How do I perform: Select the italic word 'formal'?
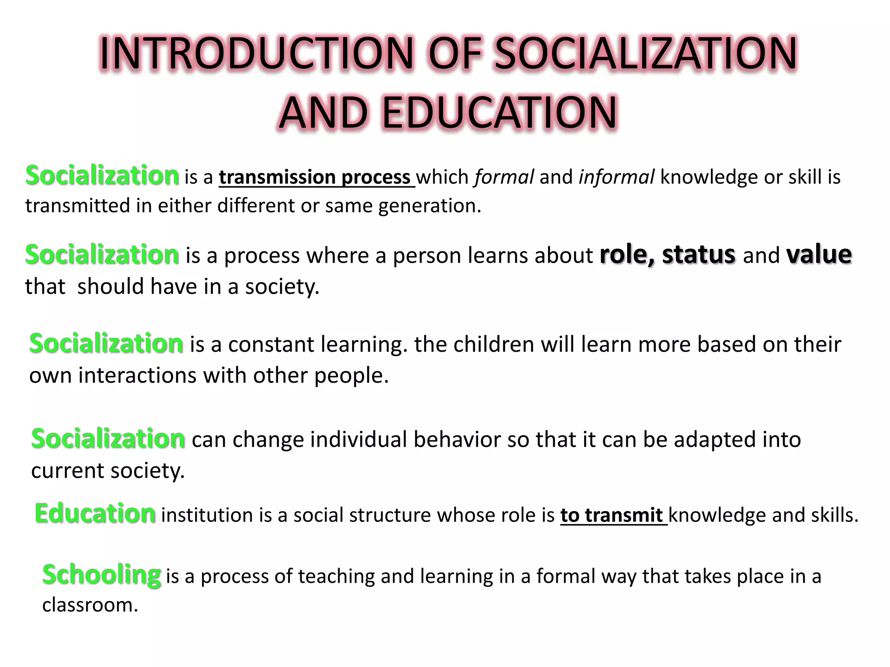coord(504,177)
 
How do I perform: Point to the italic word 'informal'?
coord(616,177)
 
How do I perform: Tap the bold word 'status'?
coord(699,254)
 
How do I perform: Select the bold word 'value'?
coord(819,254)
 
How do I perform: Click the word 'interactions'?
coord(137,375)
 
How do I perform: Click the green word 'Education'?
coord(95,513)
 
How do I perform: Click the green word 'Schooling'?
coord(102,575)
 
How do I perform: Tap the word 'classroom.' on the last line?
coord(90,605)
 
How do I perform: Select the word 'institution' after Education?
coord(207,515)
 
